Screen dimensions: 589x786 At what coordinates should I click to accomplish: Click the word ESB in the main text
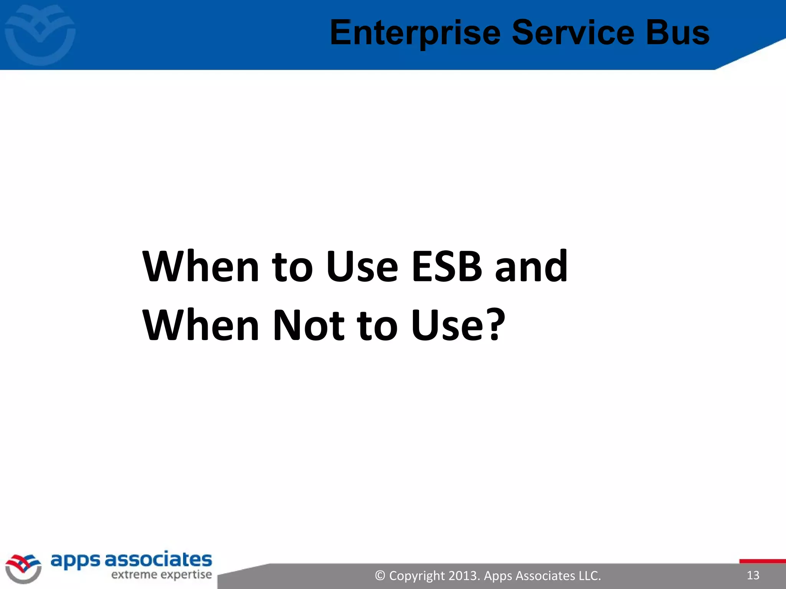447,266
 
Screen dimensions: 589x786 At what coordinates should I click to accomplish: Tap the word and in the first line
531,266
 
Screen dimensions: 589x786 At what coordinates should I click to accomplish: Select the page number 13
753,575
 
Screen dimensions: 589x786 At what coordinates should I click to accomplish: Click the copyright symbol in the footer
380,576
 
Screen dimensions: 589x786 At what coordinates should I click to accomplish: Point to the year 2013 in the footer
463,576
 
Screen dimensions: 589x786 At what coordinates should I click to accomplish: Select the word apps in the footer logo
75,561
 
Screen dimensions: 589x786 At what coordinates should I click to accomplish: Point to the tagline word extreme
134,575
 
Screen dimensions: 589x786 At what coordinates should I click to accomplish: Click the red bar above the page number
762,561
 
